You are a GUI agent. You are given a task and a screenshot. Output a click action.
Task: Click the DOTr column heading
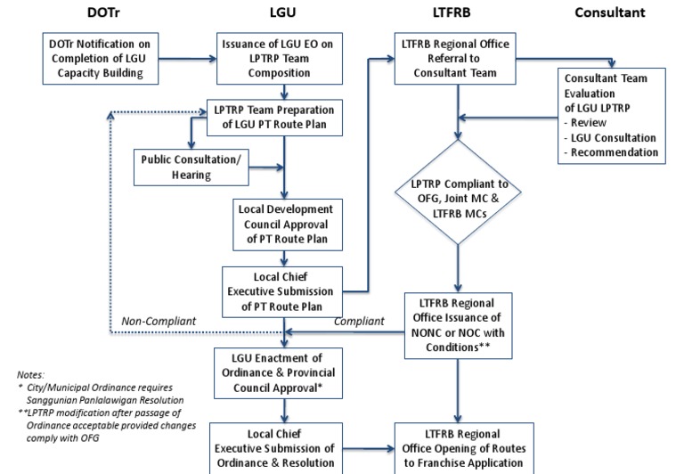[103, 12]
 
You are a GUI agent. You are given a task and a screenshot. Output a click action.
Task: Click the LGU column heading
[283, 12]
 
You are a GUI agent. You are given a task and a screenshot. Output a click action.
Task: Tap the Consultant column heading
[610, 12]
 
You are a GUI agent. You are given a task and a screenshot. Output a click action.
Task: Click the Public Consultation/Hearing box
[191, 166]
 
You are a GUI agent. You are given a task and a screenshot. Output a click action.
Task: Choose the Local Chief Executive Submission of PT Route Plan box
[281, 290]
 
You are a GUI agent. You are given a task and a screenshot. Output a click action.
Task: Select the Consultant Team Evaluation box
[612, 115]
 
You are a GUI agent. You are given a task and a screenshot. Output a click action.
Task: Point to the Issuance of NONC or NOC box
[460, 325]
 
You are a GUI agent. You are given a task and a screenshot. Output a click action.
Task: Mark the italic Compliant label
[359, 322]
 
